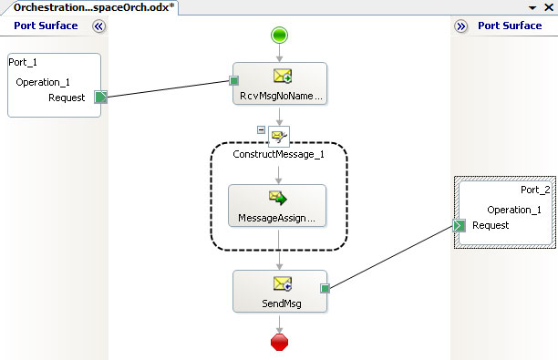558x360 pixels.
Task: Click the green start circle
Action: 279,36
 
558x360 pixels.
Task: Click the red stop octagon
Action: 279,342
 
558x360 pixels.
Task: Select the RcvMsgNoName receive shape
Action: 280,84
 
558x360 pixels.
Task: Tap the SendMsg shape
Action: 280,292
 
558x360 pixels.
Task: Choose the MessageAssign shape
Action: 277,206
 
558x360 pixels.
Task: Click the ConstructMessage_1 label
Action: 279,154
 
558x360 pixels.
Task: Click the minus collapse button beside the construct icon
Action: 261,129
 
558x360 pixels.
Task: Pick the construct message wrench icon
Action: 279,136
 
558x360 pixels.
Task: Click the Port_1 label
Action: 23,62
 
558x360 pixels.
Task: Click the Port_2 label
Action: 535,190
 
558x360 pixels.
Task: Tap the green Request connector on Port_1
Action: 100,97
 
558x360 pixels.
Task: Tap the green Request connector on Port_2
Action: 459,225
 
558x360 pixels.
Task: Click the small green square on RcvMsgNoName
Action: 233,81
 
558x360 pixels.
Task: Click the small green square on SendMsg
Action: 325,289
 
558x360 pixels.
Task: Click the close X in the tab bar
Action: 549,7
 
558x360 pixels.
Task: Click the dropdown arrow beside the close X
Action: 532,7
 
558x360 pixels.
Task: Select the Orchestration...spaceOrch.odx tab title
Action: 94,7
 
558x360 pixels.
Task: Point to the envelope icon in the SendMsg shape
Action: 283,283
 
